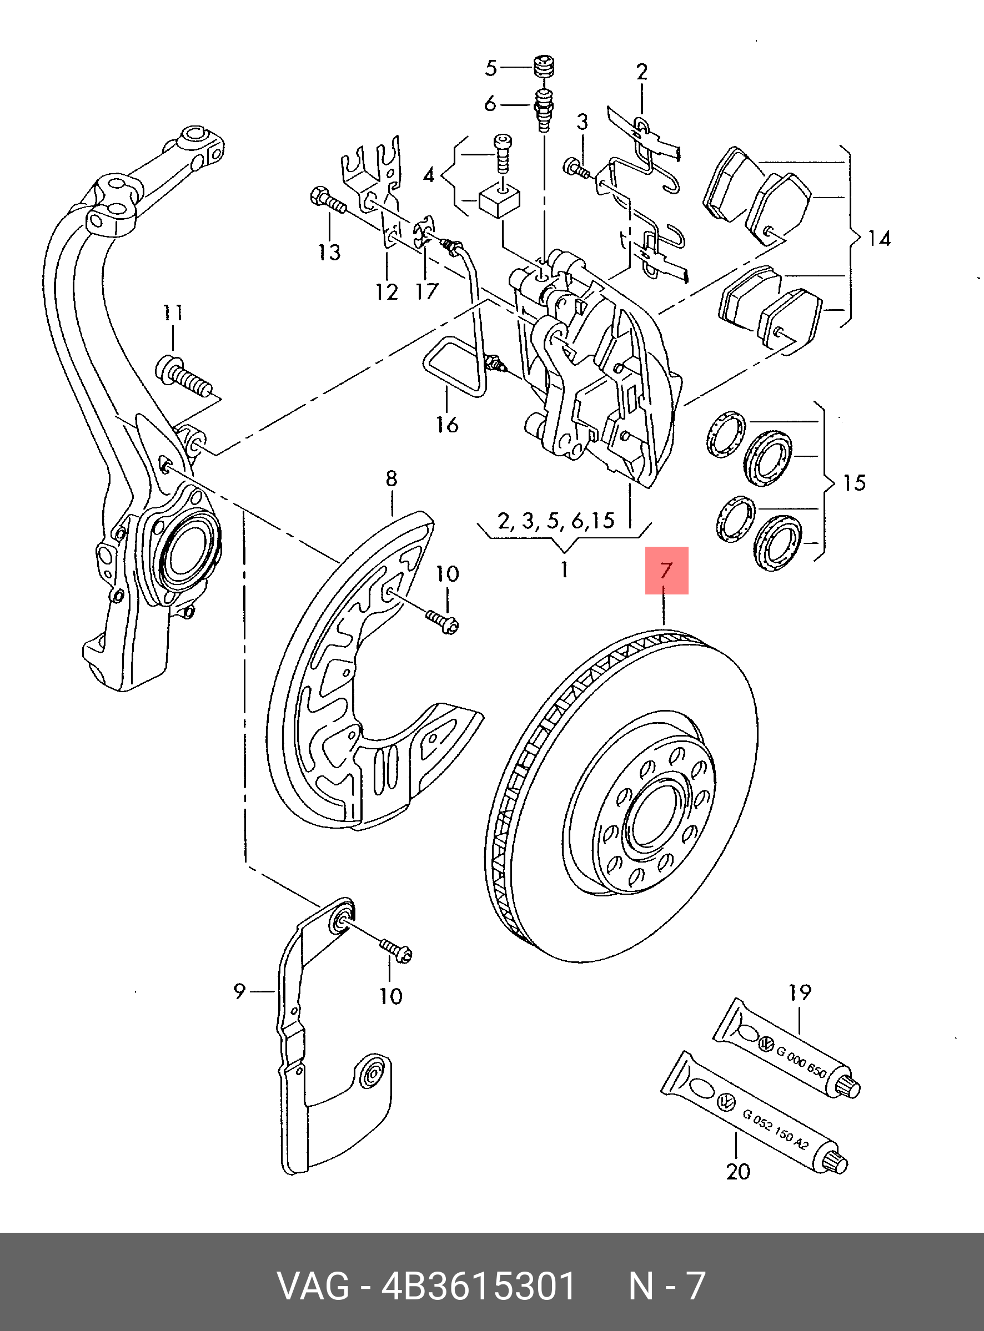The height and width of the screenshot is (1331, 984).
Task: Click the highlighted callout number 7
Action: tap(666, 570)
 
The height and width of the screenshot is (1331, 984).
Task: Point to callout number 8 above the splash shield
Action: tap(391, 478)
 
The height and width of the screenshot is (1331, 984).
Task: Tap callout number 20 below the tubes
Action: tap(738, 1172)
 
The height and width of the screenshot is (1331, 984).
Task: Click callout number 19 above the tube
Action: tap(799, 992)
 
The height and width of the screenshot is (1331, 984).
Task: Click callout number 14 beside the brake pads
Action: tap(878, 239)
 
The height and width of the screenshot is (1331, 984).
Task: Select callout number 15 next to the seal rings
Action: tap(854, 482)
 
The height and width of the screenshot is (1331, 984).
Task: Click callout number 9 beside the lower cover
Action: tap(239, 992)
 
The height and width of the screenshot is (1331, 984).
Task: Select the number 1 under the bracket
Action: tap(564, 569)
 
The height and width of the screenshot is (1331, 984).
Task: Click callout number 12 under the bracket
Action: tap(386, 292)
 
